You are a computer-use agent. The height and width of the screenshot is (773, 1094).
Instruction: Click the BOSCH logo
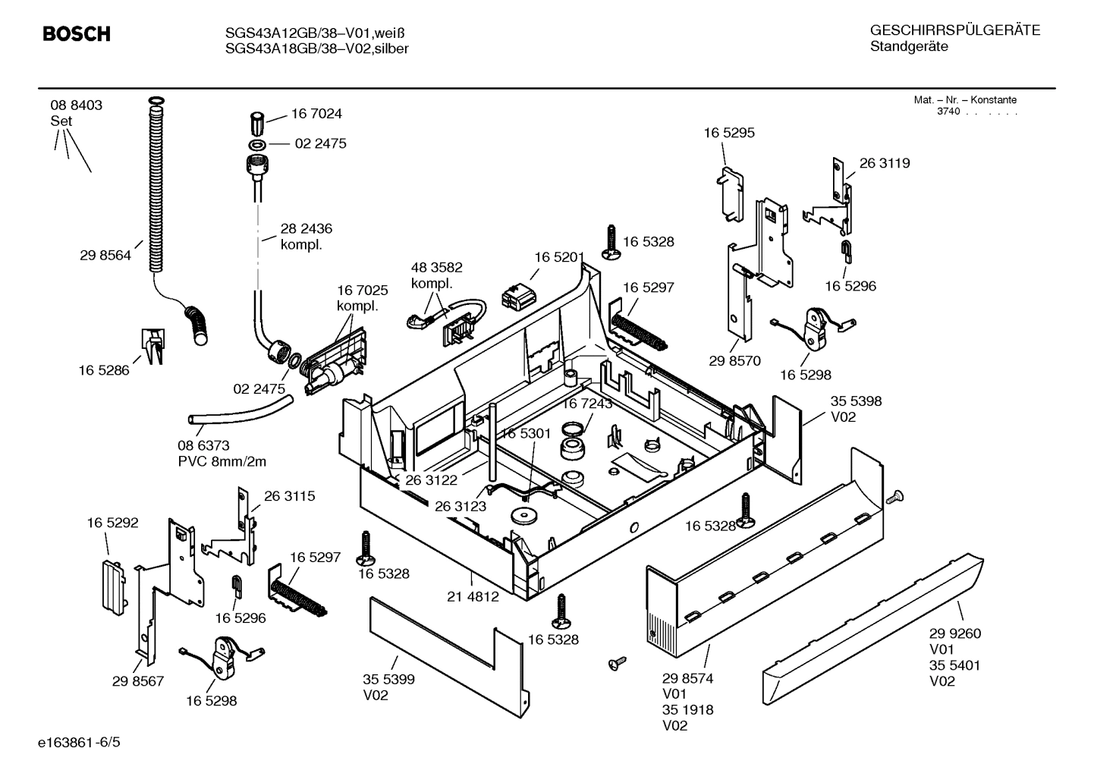tap(77, 34)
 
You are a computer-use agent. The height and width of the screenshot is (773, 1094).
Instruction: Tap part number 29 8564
tap(105, 256)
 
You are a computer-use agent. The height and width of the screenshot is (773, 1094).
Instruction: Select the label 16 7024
tap(316, 114)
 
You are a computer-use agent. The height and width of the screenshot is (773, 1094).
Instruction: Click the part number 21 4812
tap(473, 597)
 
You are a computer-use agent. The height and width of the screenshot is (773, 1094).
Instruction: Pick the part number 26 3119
tap(885, 163)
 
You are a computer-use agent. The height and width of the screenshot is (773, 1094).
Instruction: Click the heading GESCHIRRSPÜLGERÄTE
tap(954, 31)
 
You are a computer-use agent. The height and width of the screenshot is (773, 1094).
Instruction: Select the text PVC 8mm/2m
tap(222, 461)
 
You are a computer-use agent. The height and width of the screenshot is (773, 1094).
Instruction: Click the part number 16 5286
tap(104, 370)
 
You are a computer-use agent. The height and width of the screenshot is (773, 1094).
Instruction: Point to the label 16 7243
tap(586, 404)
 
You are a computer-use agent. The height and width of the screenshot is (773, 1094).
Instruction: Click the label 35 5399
tap(388, 680)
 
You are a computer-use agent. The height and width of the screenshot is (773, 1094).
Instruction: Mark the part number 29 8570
tap(734, 361)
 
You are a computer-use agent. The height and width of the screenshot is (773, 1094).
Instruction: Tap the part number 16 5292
tap(112, 523)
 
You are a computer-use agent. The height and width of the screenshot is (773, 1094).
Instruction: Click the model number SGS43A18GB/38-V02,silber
tap(316, 49)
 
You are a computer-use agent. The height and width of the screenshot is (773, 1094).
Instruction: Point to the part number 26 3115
tap(289, 496)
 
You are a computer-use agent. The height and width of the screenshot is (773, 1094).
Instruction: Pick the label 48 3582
tap(436, 268)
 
